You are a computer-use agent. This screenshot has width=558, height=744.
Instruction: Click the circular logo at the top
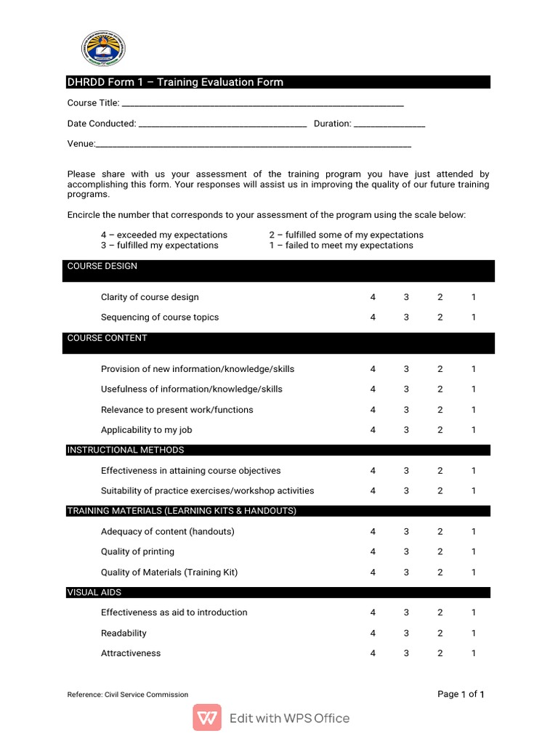[x=102, y=49]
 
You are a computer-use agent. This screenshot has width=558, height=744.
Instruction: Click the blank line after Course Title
[x=262, y=105]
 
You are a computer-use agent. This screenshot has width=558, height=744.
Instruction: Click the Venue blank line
[x=254, y=146]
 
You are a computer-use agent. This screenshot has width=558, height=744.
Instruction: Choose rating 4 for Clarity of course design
[x=373, y=297]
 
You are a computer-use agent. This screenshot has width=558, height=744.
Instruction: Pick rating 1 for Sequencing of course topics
[x=474, y=318]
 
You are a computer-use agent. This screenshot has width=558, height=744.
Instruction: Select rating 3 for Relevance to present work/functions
[x=406, y=410]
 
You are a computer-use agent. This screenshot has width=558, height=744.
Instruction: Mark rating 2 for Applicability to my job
[x=440, y=430]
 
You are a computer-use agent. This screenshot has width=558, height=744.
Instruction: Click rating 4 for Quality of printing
[x=373, y=552]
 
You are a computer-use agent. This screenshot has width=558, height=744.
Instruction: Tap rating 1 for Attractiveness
[x=474, y=653]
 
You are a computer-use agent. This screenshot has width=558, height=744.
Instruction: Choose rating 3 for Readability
[x=406, y=634]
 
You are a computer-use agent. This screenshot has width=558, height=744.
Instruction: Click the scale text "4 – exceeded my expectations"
[x=164, y=235]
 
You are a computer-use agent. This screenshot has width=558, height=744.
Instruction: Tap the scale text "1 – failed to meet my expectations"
[x=341, y=246]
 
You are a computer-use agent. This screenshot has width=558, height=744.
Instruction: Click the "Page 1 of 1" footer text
[x=461, y=695]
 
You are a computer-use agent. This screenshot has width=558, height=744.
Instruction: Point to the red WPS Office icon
[x=207, y=718]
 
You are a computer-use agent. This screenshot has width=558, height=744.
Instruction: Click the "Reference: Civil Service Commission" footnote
[x=128, y=695]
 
